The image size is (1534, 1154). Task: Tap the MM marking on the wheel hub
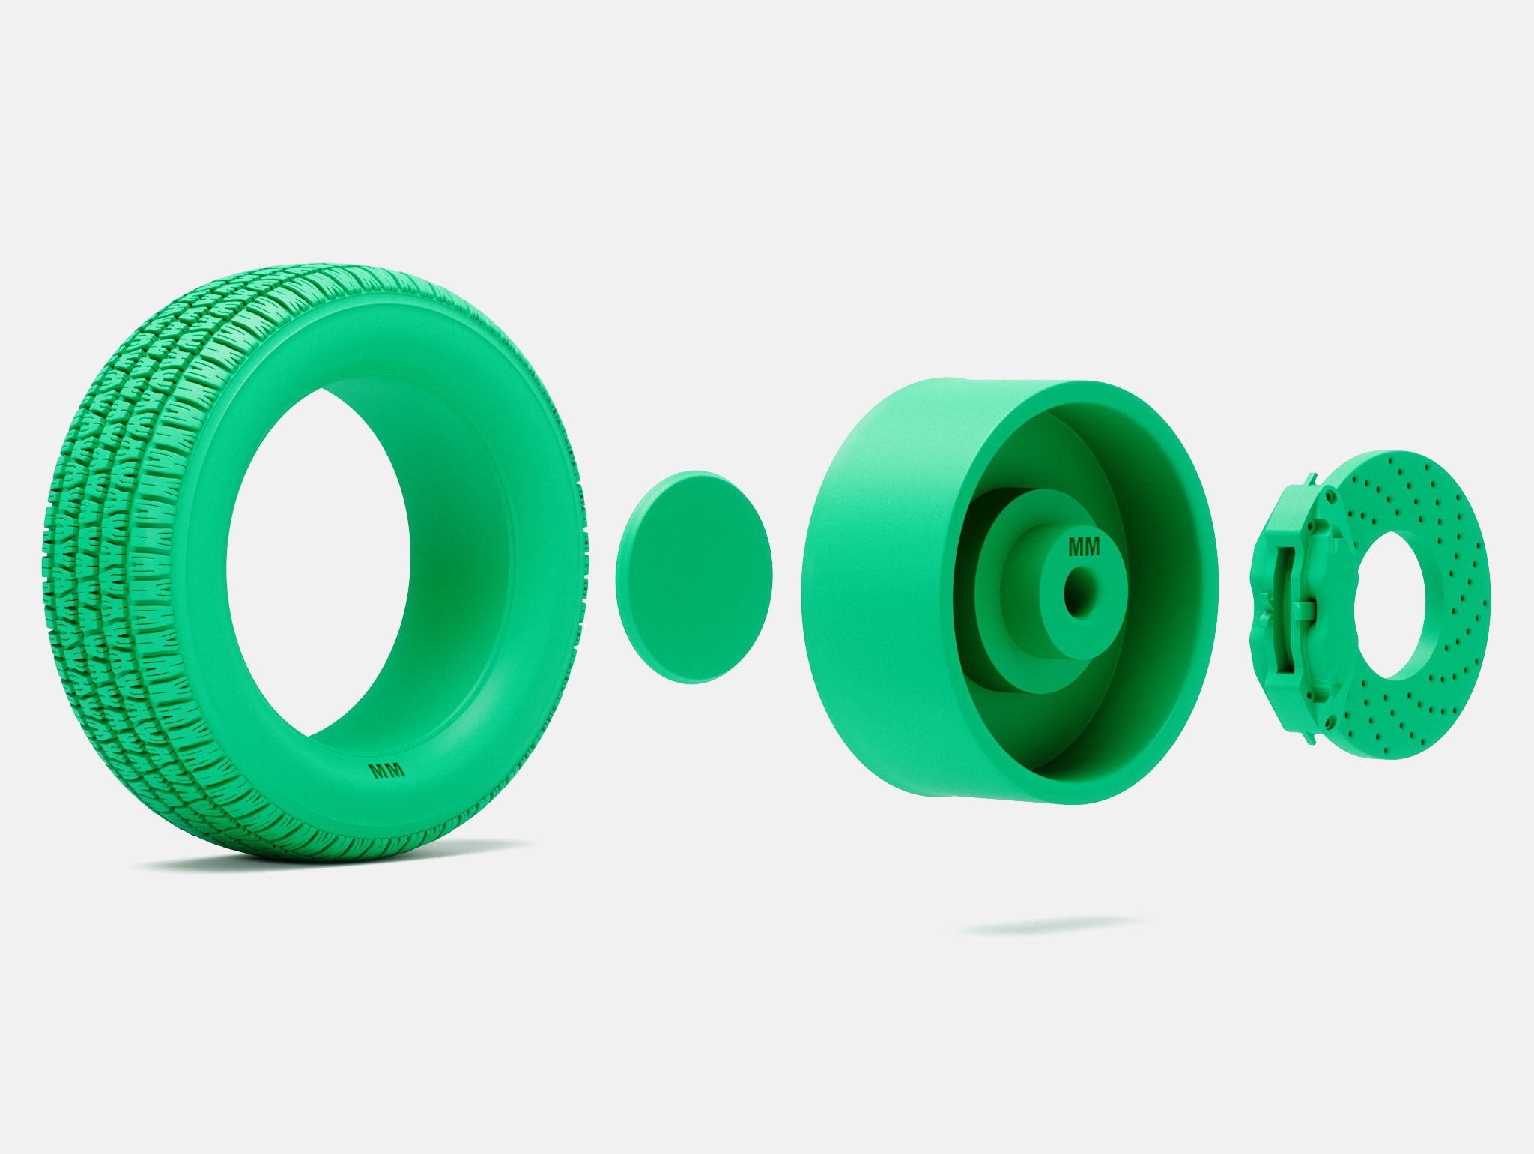[1084, 548]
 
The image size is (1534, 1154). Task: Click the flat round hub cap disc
[694, 577]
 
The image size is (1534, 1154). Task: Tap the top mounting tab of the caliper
[1312, 479]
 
